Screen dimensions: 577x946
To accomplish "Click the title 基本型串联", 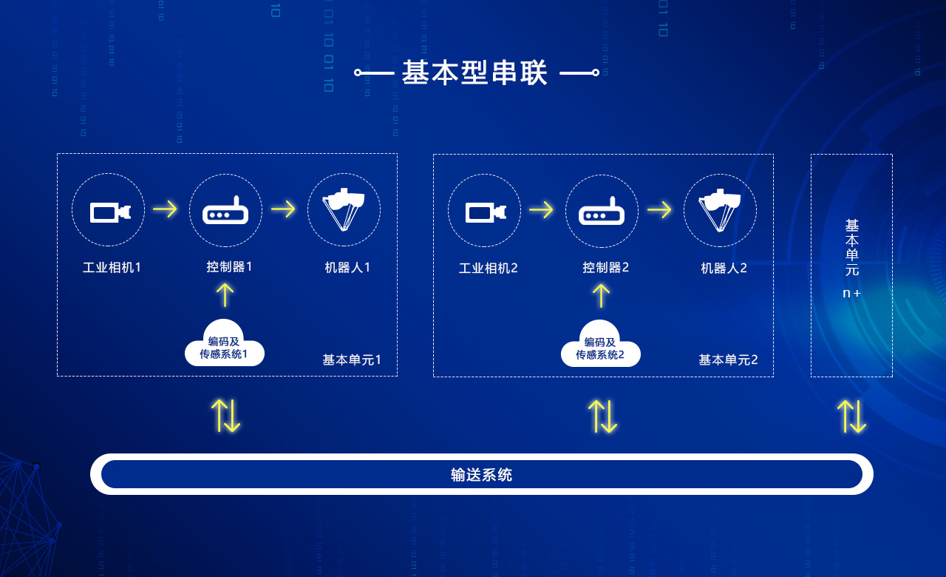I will point(475,72).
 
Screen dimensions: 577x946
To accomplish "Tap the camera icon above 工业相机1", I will point(109,212).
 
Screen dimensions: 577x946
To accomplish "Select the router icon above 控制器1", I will point(225,212).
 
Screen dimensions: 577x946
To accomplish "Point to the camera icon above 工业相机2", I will point(485,212).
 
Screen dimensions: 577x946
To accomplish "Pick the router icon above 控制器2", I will point(602,212).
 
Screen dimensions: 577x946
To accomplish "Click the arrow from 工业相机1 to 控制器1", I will point(165,209).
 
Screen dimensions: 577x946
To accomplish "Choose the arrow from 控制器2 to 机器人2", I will point(659,210).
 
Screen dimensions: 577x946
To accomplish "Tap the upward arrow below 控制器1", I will point(225,294).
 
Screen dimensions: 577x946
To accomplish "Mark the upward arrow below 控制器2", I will point(602,295).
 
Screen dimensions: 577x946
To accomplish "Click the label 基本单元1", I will point(352,360).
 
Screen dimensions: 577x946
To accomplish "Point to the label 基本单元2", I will point(728,360).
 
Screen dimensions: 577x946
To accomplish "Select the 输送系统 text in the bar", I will point(482,475).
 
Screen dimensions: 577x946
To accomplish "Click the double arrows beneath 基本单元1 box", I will point(226,416).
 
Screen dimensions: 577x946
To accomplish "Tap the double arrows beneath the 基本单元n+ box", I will point(851,416).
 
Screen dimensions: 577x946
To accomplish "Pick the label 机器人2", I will point(724,268).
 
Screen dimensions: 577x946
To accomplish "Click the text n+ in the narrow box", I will point(851,293).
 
